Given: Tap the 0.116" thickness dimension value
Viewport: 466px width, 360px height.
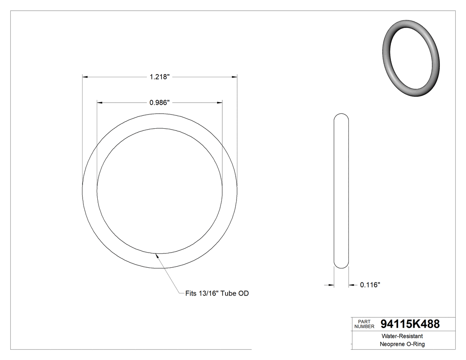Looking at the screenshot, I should tap(370, 285).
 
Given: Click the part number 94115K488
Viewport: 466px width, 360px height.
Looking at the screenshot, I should tap(410, 324).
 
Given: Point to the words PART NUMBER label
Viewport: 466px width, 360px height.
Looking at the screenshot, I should tap(364, 324).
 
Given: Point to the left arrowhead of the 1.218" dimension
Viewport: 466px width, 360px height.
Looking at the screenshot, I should tap(86, 77).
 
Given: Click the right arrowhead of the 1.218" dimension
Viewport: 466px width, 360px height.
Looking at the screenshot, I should tap(233, 77).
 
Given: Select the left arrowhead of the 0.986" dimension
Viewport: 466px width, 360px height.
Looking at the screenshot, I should tap(100, 103).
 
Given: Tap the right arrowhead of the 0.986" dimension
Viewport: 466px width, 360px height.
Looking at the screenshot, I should tap(219, 103).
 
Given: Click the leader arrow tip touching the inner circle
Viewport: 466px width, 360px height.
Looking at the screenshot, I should tap(156, 255).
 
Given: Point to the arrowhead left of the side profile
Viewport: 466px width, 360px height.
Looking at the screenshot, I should tap(331, 285).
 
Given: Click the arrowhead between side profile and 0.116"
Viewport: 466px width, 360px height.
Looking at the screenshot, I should tap(351, 285).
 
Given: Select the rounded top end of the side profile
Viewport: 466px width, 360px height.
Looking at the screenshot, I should tap(341, 116).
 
